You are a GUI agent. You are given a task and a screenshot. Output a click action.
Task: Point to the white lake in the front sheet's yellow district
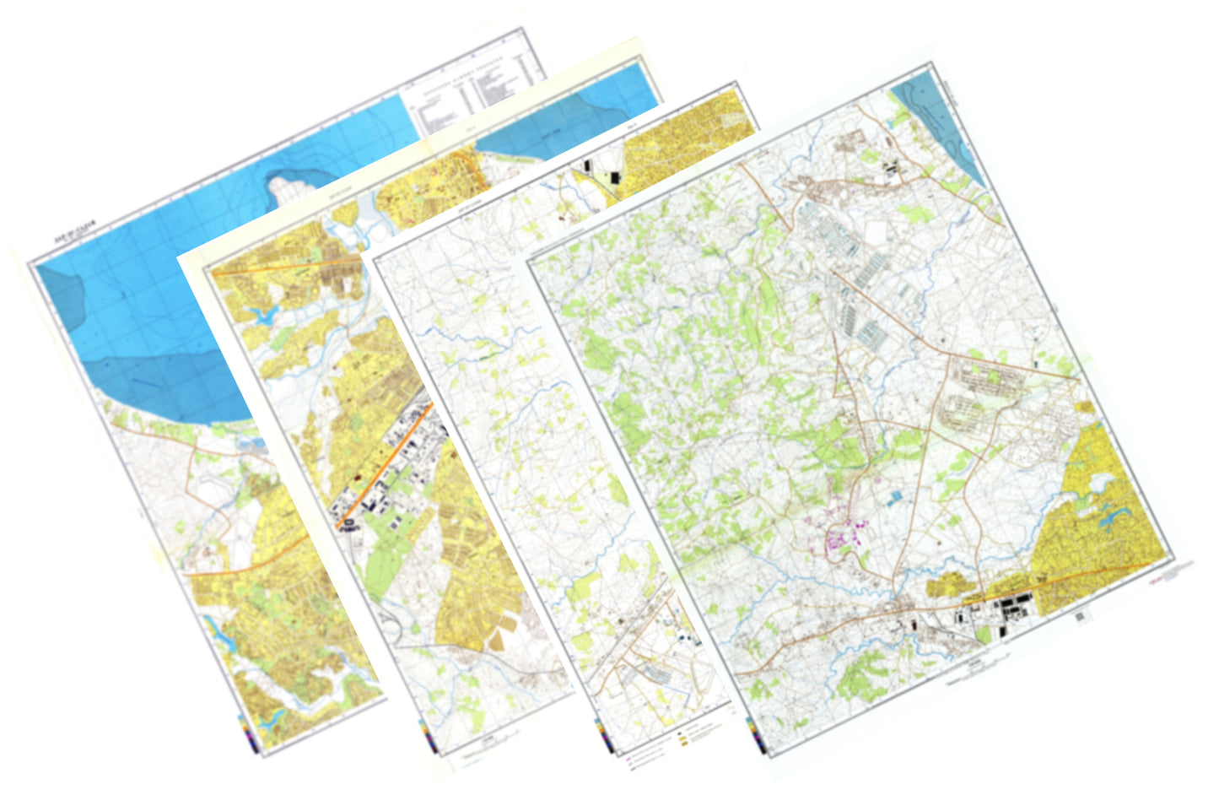click(x=1102, y=481)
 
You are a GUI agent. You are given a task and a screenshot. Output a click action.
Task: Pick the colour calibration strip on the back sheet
click(x=245, y=730)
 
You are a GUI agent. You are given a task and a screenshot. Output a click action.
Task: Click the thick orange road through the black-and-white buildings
click(x=384, y=473)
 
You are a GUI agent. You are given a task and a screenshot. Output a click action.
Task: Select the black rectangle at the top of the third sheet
click(x=613, y=176)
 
